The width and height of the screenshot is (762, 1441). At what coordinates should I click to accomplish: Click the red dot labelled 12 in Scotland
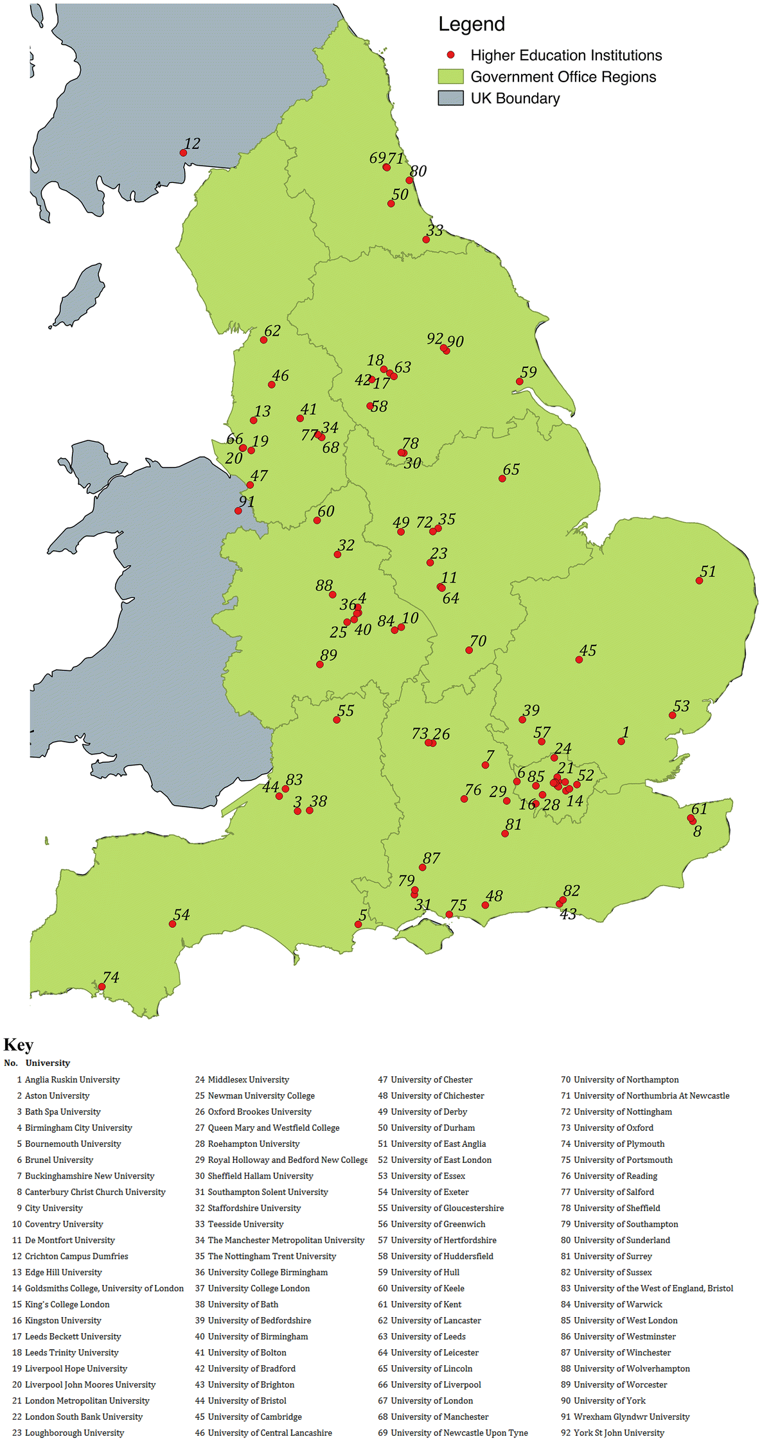(183, 153)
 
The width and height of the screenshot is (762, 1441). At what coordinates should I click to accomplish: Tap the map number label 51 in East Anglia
(707, 572)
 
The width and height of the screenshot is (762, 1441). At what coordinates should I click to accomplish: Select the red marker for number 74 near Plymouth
(102, 987)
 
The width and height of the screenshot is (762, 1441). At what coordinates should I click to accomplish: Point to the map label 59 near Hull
(528, 372)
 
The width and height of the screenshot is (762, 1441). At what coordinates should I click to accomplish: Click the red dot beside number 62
(263, 340)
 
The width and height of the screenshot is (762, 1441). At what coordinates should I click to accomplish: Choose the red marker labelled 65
(502, 478)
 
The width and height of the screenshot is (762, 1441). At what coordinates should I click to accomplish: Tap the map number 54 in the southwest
(182, 914)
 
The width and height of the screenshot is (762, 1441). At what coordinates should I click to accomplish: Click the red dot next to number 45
(579, 659)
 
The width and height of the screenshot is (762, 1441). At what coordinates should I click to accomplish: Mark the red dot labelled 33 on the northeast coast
(426, 240)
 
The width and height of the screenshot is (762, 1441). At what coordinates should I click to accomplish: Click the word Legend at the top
(471, 24)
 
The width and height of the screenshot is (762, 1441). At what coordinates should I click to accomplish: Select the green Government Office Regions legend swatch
(450, 77)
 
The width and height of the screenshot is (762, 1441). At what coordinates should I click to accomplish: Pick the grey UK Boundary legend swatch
(450, 98)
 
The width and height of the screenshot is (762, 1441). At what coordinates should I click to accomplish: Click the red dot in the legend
(450, 55)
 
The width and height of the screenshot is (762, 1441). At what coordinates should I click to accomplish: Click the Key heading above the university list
(18, 1045)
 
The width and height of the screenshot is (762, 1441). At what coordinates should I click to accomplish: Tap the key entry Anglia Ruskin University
(72, 1079)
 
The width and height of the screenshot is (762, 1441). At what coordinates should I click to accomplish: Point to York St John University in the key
(619, 1433)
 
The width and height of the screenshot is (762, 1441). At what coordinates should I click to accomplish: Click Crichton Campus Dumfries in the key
(76, 1256)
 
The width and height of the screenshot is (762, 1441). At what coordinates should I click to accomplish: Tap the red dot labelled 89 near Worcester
(320, 665)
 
